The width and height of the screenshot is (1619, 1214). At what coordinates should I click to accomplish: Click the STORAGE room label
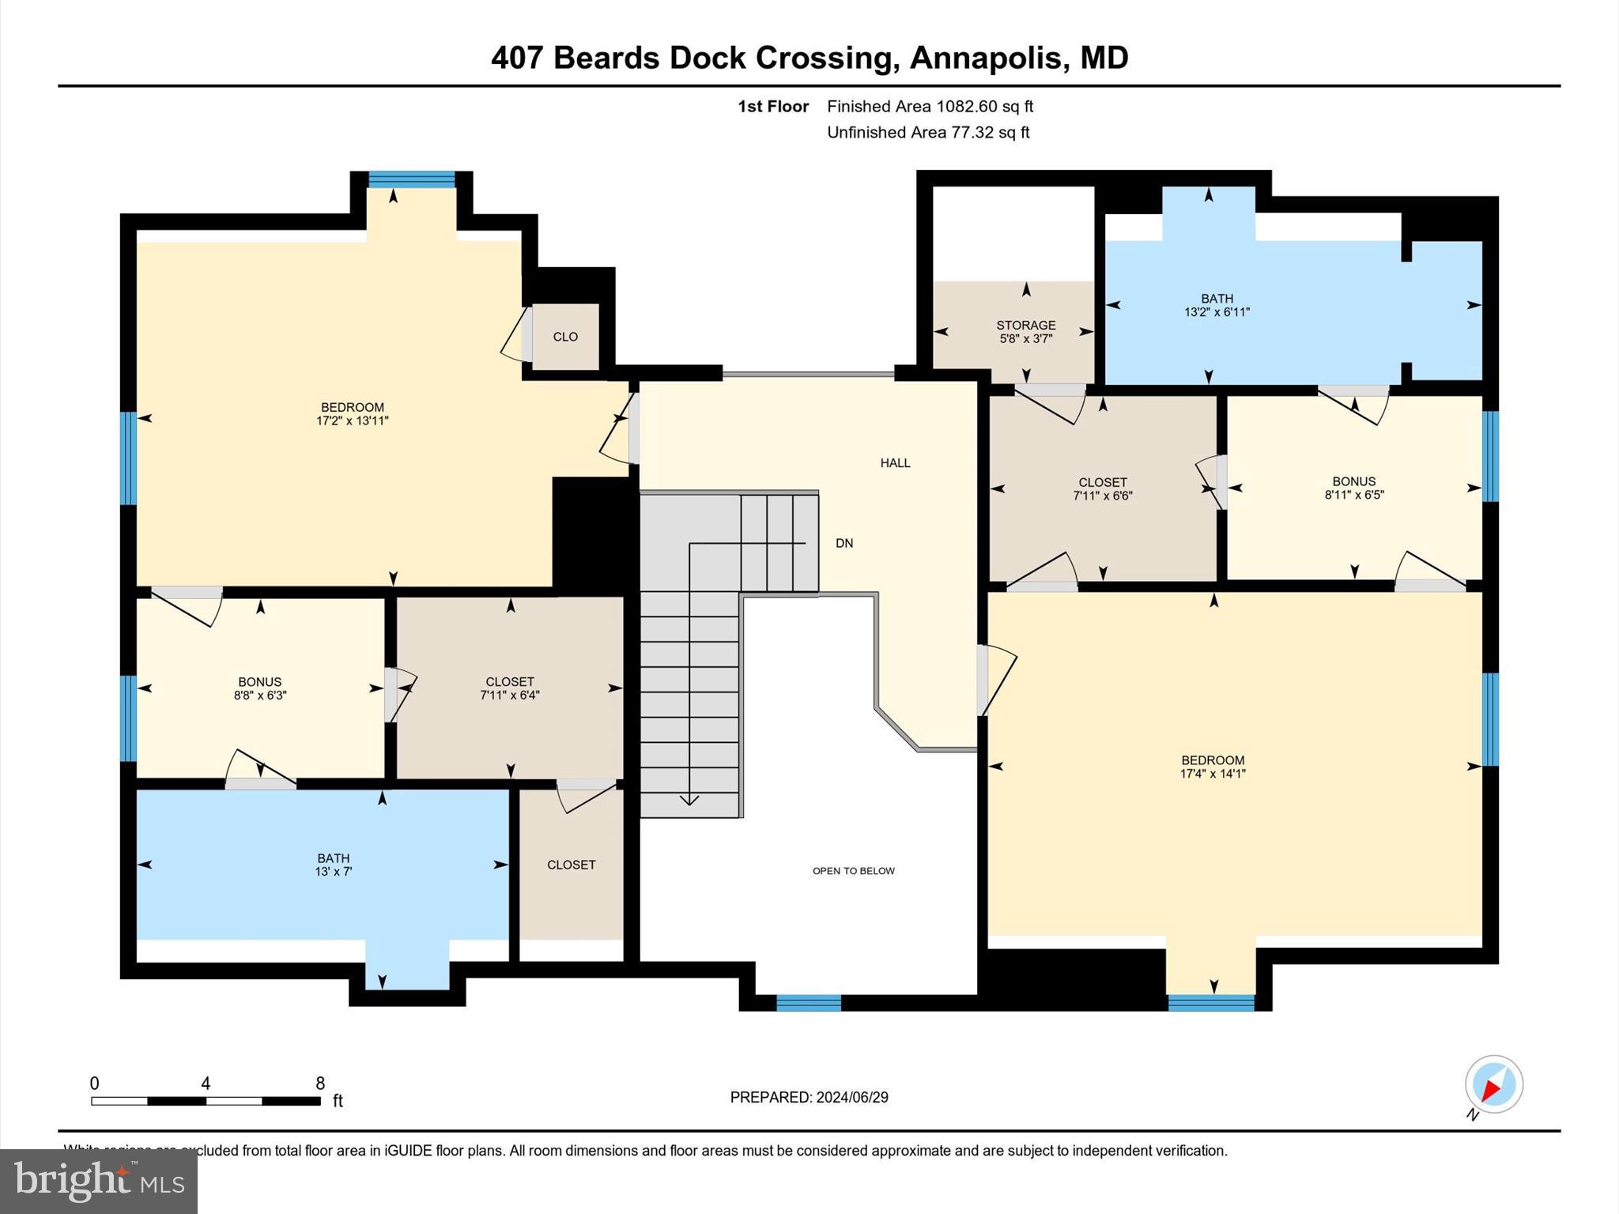point(1025,325)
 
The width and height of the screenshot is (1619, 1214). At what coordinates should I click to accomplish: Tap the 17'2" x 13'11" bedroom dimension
point(353,421)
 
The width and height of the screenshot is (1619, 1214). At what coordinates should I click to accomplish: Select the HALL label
point(895,463)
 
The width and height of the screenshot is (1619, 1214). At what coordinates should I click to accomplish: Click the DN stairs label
point(844,543)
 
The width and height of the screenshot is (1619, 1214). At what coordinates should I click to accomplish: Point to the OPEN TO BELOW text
point(853,871)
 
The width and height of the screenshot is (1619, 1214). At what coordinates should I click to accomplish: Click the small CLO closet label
point(565,337)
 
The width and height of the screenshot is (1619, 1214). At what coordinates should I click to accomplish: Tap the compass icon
point(1493,1084)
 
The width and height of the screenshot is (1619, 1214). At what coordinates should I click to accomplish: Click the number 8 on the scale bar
point(320,1084)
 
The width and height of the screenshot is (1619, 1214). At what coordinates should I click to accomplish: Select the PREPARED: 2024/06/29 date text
point(809,1097)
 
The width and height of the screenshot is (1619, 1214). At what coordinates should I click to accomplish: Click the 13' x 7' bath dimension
point(333,872)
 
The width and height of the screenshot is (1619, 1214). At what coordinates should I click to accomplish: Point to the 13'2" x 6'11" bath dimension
point(1216,312)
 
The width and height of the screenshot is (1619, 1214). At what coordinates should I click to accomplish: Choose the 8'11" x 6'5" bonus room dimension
point(1354,496)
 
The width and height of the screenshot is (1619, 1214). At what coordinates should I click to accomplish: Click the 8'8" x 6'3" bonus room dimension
point(259,696)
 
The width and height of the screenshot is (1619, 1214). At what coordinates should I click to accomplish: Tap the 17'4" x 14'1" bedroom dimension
point(1213,774)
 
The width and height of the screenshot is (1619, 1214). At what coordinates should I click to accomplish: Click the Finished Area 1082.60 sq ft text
point(930,107)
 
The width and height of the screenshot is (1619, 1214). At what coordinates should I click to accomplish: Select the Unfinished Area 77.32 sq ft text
point(927,133)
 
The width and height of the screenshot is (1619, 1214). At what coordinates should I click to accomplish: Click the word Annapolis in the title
point(985,58)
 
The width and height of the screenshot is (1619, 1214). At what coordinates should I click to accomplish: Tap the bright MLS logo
point(98,1181)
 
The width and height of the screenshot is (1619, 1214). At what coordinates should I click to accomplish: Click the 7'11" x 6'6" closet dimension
point(1102,496)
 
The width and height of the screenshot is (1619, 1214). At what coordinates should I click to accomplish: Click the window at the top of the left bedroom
point(411,179)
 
